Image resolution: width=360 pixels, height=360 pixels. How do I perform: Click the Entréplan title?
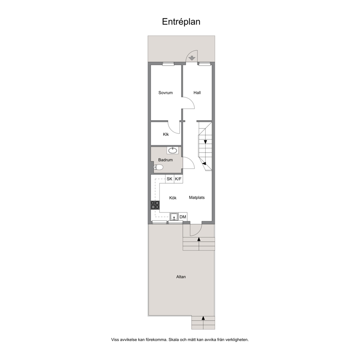pyautogui.click(x=181, y=21)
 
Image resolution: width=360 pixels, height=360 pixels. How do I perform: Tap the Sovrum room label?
pyautogui.click(x=165, y=93)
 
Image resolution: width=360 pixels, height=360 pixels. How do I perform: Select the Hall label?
pyautogui.click(x=197, y=93)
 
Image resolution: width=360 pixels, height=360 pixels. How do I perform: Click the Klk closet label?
pyautogui.click(x=166, y=134)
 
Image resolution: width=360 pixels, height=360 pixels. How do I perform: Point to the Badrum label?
pyautogui.click(x=165, y=160)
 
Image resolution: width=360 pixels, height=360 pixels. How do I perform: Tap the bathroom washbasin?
pyautogui.click(x=172, y=150)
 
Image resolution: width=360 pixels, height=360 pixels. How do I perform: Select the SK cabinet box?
pyautogui.click(x=170, y=179)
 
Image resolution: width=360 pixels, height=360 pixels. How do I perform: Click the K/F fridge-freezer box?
pyautogui.click(x=179, y=179)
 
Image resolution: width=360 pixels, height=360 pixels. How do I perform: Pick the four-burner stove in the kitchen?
pyautogui.click(x=155, y=205)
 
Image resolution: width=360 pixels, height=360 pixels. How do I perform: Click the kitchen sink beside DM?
pyautogui.click(x=174, y=217)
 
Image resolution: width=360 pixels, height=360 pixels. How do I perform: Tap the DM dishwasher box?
pyautogui.click(x=183, y=217)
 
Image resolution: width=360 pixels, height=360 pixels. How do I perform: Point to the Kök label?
pyautogui.click(x=173, y=198)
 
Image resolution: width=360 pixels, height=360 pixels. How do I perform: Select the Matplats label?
pyautogui.click(x=197, y=197)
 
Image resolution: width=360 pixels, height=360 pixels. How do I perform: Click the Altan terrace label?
pyautogui.click(x=181, y=277)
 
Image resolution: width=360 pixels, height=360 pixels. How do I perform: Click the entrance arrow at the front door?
pyautogui.click(x=192, y=58)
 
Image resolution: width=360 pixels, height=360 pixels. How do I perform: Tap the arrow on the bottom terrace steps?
pyautogui.click(x=203, y=318)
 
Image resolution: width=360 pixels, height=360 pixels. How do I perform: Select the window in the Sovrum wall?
pyautogui.click(x=168, y=64)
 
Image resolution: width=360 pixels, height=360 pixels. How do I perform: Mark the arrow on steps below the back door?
pyautogui.click(x=199, y=239)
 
